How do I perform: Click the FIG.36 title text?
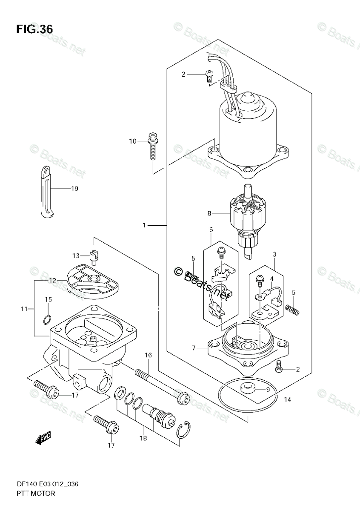click(x=34, y=29)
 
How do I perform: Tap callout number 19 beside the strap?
click(x=74, y=188)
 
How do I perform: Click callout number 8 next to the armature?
click(x=209, y=213)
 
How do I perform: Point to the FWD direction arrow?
click(x=43, y=437)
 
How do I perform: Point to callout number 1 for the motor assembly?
click(x=144, y=225)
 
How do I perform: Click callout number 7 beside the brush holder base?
click(x=194, y=348)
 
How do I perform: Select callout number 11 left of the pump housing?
click(x=23, y=308)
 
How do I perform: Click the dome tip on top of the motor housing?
click(x=248, y=100)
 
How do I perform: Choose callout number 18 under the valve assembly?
click(x=143, y=438)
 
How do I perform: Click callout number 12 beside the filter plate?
click(x=52, y=280)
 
